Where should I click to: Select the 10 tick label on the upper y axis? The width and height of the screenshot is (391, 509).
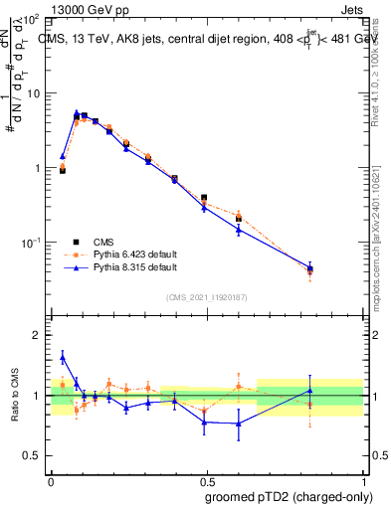pos(33,93)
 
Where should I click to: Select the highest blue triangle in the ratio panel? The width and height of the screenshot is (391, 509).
pos(63,357)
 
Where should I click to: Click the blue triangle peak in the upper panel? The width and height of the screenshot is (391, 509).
pos(77,113)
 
